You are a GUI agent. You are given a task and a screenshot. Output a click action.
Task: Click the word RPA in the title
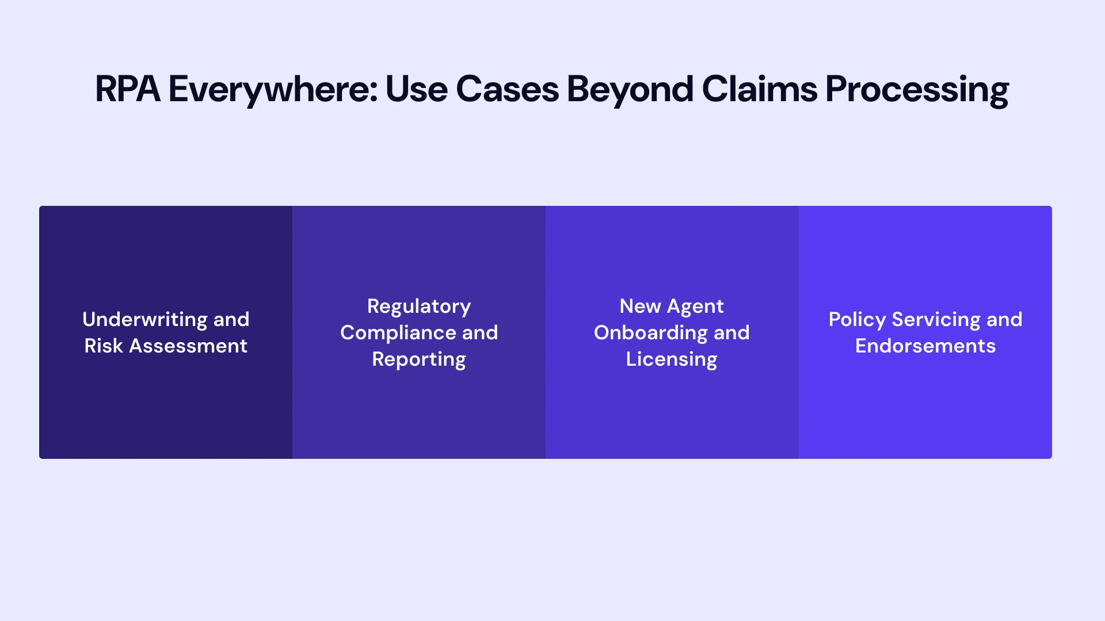pos(127,90)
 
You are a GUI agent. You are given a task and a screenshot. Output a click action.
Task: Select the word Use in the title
pos(416,90)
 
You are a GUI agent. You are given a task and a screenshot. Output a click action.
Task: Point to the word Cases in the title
pos(507,90)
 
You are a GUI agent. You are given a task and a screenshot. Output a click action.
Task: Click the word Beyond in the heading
pos(630,90)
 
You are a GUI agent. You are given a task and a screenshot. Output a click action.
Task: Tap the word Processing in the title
pos(917,90)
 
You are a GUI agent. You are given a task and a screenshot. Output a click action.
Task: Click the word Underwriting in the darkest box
pos(144,319)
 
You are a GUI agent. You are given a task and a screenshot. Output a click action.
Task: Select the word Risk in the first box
pos(104,346)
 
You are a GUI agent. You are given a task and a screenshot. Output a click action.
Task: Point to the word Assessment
pos(188,346)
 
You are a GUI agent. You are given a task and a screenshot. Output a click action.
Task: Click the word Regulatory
pos(419,306)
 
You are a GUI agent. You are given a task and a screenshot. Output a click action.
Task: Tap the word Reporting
pos(419,359)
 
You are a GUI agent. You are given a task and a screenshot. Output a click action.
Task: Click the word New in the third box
pos(640,306)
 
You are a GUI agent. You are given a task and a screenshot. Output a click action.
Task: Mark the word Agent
pos(695,306)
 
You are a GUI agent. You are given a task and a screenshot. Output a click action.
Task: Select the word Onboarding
pos(650,332)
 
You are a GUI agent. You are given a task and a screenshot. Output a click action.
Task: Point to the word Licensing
pos(672,359)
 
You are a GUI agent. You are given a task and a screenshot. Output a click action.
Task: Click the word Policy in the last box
pos(857,320)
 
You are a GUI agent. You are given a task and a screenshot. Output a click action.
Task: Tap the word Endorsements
pos(925,346)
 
